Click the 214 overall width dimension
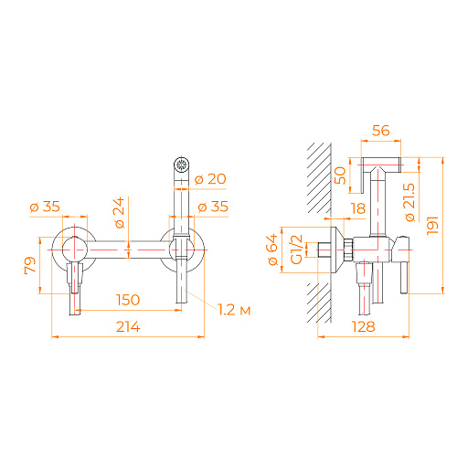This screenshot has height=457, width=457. point(128,327)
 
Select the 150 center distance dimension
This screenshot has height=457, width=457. point(128,300)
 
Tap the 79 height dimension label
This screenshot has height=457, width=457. point(30,266)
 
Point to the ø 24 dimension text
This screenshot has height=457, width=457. point(120,212)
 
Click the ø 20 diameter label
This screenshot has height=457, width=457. point(210,179)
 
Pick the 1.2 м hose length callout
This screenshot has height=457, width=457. point(234,310)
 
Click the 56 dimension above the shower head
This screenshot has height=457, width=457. point(381,131)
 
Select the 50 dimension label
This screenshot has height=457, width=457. point(340,175)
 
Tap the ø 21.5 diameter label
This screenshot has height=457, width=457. point(409,202)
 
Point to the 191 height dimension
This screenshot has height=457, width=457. point(432,226)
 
